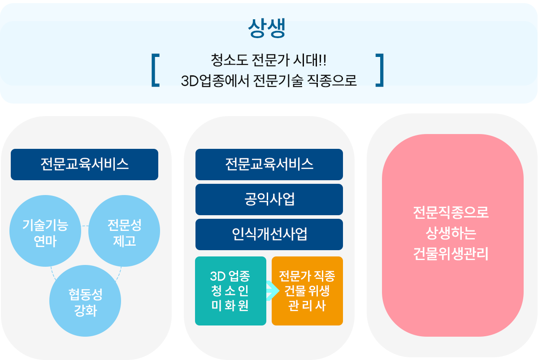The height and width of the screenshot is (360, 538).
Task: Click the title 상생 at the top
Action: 267,28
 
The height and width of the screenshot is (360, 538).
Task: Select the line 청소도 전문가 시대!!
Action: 269,60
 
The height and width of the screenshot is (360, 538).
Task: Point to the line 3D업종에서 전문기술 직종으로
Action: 269,81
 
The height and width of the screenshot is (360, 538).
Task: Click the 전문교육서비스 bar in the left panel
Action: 85,165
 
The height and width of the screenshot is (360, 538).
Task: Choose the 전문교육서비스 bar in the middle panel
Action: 269,165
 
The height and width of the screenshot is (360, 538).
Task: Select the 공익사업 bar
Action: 269,200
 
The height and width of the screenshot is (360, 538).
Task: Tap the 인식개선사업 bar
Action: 269,234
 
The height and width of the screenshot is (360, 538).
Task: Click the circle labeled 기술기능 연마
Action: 45,231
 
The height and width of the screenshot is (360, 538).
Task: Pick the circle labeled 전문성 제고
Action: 124,231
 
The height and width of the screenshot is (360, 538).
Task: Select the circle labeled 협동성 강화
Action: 85,301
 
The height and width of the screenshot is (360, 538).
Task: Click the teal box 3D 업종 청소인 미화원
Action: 230,291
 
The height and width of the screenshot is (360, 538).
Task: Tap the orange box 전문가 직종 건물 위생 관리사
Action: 307,291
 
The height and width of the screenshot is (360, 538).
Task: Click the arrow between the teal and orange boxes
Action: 273,291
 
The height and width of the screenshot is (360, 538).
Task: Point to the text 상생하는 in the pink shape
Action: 451,233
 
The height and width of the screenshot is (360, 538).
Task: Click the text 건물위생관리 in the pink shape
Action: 451,254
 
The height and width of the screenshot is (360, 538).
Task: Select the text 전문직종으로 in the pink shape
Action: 451,213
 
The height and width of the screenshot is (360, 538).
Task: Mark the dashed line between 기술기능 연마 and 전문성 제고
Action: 85,226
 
